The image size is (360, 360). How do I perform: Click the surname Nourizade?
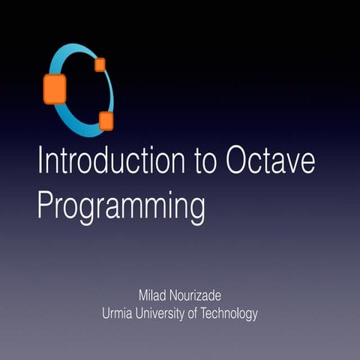tap(193, 295)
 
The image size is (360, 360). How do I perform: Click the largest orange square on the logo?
tap(55, 88)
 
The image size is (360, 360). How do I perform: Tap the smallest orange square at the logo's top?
tap(100, 64)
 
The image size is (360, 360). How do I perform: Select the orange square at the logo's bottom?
tap(106, 121)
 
